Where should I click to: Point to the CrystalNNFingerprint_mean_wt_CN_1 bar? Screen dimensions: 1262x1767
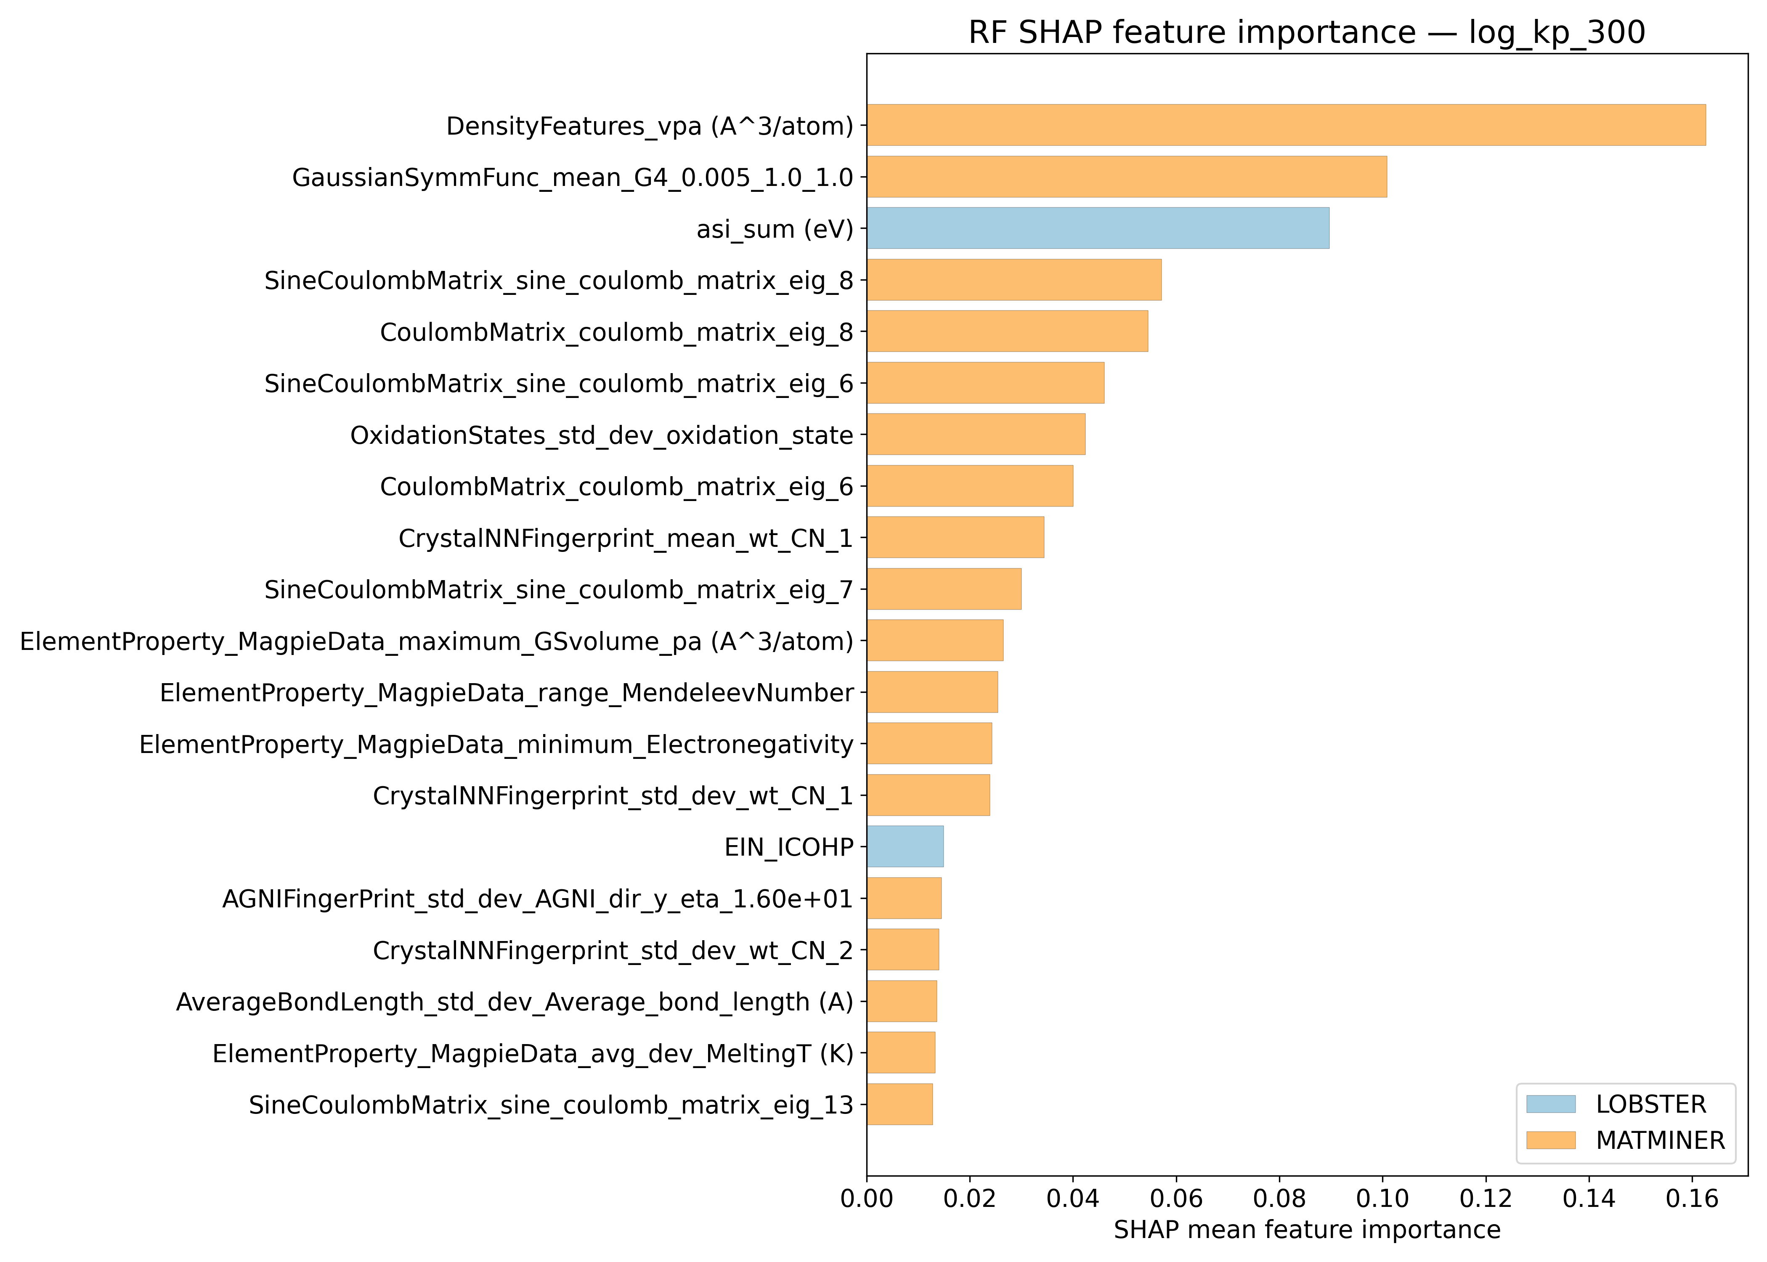pyautogui.click(x=955, y=537)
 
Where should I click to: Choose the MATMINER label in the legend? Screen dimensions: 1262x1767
pyautogui.click(x=1660, y=1140)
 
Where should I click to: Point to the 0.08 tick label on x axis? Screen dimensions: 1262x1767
pyautogui.click(x=1279, y=1199)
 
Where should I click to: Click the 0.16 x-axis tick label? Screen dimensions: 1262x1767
pyautogui.click(x=1692, y=1199)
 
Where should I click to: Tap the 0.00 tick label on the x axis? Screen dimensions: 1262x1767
pyautogui.click(x=867, y=1199)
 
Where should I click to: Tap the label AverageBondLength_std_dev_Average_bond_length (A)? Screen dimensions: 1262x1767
pyautogui.click(x=515, y=1002)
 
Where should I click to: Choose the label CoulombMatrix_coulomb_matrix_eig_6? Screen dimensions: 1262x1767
pyautogui.click(x=616, y=486)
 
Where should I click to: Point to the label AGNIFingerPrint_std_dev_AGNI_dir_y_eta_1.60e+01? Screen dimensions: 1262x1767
pyautogui.click(x=538, y=898)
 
